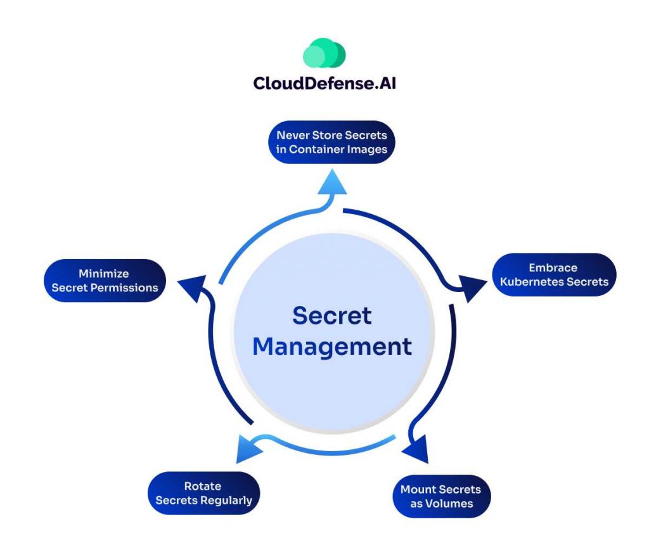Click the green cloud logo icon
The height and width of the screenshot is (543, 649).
tap(324, 54)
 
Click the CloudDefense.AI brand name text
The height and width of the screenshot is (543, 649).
tap(324, 83)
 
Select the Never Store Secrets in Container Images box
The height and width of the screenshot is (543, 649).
tap(331, 143)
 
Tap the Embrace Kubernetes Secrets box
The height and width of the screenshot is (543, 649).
tap(554, 275)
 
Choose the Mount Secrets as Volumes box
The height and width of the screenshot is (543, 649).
tap(440, 496)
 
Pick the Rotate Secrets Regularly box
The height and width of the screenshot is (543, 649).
tap(203, 493)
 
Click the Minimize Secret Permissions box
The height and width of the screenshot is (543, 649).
tap(105, 281)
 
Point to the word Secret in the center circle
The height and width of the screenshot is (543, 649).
tap(331, 316)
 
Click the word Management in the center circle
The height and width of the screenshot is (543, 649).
tap(331, 347)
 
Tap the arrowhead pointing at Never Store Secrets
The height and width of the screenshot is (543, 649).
tap(331, 183)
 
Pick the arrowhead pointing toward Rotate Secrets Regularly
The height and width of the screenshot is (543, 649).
tap(248, 449)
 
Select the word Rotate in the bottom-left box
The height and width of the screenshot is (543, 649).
tap(203, 486)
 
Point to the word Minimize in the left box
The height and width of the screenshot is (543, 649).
tap(104, 274)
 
